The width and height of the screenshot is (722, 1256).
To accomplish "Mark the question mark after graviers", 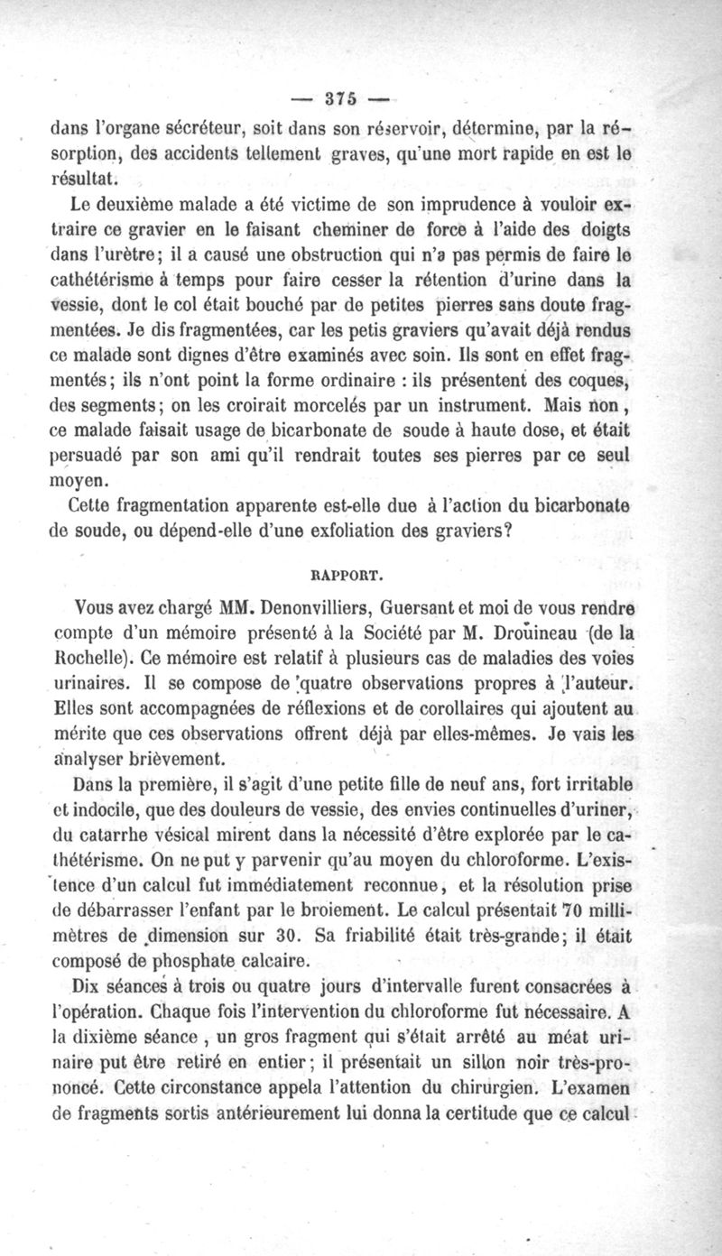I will [x=510, y=531].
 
